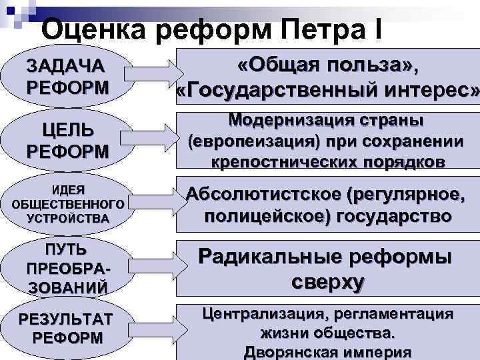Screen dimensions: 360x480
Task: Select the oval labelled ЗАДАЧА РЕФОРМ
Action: (66, 77)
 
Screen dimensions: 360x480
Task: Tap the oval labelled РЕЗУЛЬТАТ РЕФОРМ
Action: (67, 327)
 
